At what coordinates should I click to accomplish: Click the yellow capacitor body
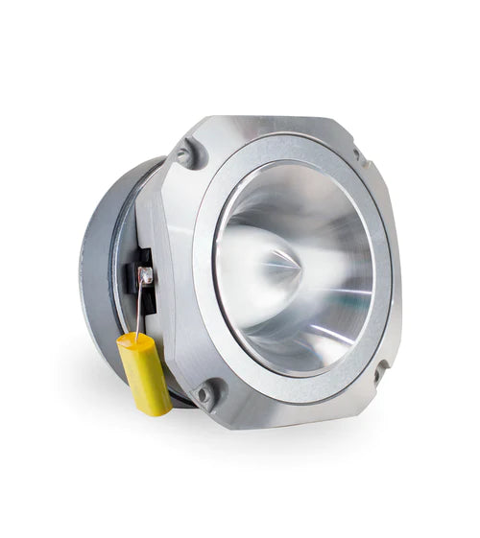pos(145,374)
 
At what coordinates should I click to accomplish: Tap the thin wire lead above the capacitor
pos(139,308)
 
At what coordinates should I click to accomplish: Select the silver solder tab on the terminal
pos(145,277)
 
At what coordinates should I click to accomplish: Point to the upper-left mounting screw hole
pos(185,152)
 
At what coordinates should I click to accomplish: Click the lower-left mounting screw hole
pos(204,393)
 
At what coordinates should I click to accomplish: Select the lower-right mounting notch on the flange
pos(380,369)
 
